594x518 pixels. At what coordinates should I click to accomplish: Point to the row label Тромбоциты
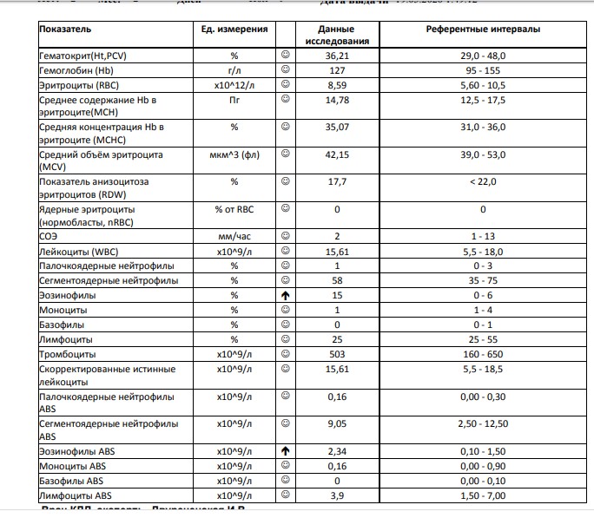[x=68, y=354]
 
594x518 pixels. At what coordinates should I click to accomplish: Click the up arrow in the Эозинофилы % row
[x=284, y=296]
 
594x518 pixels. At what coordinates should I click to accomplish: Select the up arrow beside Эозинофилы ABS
[x=284, y=452]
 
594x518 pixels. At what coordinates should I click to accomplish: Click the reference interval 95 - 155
[x=483, y=70]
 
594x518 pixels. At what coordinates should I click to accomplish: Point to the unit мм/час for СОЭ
[x=234, y=235]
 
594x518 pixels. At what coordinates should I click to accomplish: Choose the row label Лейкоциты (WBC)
[x=79, y=250]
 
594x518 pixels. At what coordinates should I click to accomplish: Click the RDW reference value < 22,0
[x=483, y=181]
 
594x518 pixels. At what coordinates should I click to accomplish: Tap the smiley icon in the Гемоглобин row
[x=284, y=70]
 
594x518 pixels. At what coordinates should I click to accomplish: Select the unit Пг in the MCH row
[x=234, y=100]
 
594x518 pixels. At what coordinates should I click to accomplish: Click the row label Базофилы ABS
[x=71, y=481]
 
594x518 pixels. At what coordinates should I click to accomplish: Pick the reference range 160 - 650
[x=483, y=354]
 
